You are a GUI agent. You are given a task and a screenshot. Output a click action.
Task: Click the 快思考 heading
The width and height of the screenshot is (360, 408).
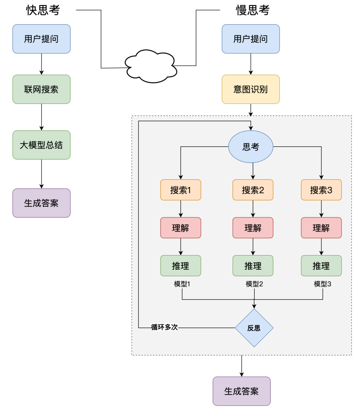[43, 10]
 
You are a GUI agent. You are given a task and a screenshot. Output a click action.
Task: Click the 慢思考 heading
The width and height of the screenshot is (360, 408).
[252, 10]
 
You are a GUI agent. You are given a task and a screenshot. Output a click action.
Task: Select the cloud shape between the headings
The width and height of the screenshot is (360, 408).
[151, 66]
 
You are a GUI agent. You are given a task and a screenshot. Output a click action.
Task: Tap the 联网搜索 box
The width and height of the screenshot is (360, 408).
[41, 89]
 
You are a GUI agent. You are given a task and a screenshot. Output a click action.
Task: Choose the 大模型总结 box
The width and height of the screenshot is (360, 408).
[41, 145]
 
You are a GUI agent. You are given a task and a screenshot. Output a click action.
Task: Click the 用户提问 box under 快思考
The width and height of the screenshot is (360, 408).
[41, 39]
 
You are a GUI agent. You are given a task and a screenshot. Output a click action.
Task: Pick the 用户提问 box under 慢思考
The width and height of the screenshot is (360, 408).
[251, 39]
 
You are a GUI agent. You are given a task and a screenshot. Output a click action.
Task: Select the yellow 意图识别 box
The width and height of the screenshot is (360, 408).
[251, 89]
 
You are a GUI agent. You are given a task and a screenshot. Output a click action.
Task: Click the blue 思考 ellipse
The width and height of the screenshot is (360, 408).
[251, 147]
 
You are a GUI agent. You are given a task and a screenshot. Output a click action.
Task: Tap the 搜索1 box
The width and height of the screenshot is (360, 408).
[181, 190]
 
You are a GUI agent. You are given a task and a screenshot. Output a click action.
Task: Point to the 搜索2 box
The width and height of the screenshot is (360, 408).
[253, 190]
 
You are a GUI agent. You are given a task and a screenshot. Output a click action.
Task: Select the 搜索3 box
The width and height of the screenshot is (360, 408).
[321, 190]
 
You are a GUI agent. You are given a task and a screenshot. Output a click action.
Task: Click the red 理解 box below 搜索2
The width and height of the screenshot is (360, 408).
[253, 228]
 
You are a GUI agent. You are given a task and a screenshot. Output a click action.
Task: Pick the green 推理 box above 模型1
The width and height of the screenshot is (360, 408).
[181, 266]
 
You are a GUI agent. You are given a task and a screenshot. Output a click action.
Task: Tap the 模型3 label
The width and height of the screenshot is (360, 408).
[322, 284]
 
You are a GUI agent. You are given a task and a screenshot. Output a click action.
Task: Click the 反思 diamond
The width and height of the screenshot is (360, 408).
[254, 328]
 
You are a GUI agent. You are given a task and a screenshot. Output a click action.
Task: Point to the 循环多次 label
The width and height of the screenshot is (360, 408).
[164, 327]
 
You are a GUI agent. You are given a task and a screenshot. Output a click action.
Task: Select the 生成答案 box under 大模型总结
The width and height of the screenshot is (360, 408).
[41, 203]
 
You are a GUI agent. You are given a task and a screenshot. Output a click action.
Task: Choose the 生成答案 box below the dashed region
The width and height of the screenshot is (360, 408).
[242, 391]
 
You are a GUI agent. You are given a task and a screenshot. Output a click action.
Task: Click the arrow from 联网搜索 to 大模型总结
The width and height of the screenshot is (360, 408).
[42, 117]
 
